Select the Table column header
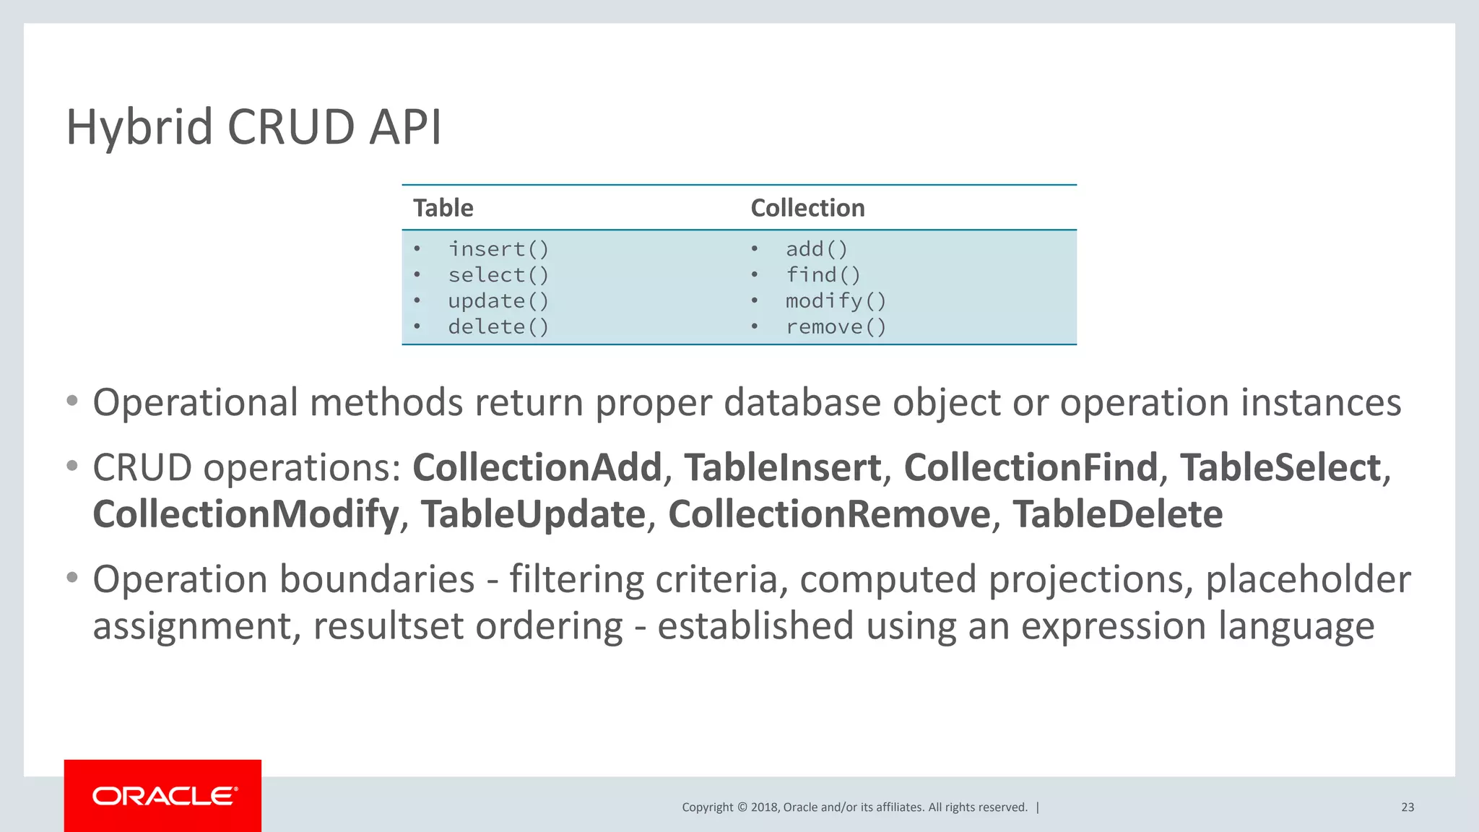pyautogui.click(x=443, y=208)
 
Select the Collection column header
pyautogui.click(x=807, y=208)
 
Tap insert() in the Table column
pyautogui.click(x=498, y=249)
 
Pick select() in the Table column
pyautogui.click(x=498, y=275)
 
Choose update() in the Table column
pyautogui.click(x=498, y=301)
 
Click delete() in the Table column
pyautogui.click(x=498, y=327)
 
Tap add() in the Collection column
pyautogui.click(x=817, y=249)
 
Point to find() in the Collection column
pyautogui.click(x=823, y=275)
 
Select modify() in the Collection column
pyautogui.click(x=836, y=301)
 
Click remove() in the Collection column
pyautogui.click(x=836, y=327)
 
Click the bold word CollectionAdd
pyautogui.click(x=537, y=468)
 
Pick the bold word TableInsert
pyautogui.click(x=782, y=468)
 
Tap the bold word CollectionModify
pyautogui.click(x=246, y=515)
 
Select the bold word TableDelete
pyautogui.click(x=1117, y=515)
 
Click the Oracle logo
pyautogui.click(x=163, y=796)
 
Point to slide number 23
pyautogui.click(x=1407, y=807)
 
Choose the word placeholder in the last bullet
pyautogui.click(x=1308, y=580)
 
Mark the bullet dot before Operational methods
pyautogui.click(x=71, y=402)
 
